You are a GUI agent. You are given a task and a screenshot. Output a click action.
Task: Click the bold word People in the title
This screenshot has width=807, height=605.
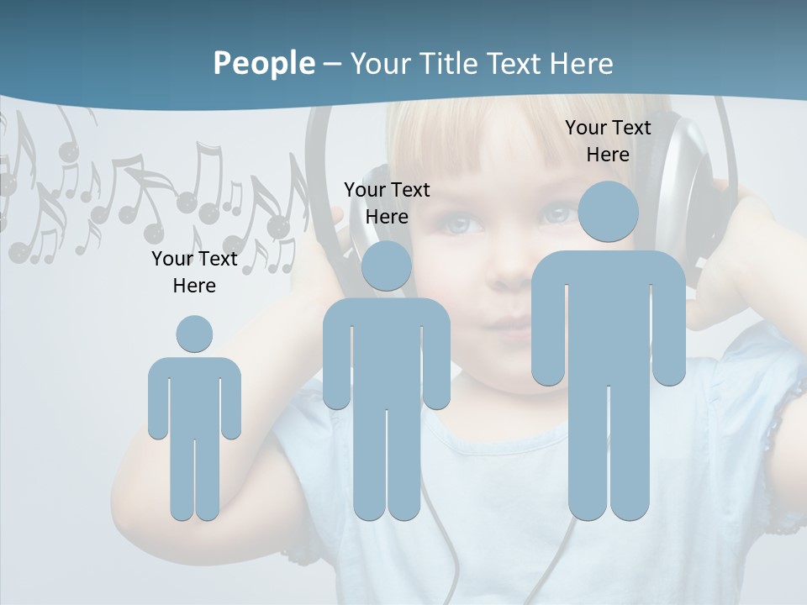coord(264,64)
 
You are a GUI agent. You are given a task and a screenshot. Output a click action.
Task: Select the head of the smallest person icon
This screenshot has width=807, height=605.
coord(194,334)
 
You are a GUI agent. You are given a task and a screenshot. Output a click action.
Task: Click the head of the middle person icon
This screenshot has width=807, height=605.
coord(387,266)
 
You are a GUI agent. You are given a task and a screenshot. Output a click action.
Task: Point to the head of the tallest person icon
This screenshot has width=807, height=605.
coord(608,212)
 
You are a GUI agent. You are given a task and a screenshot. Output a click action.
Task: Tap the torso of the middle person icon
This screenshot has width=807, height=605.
coord(387,353)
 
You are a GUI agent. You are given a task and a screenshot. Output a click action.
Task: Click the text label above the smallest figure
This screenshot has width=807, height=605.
coord(194,272)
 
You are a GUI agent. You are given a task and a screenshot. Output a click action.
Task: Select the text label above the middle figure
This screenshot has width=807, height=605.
coord(387,203)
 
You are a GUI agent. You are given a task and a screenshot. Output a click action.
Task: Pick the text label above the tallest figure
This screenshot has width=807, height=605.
coord(608,141)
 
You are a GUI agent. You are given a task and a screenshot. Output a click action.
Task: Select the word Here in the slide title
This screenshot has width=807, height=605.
coord(581,64)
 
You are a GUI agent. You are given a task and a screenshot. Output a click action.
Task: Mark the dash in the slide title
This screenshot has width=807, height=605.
coord(332,64)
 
